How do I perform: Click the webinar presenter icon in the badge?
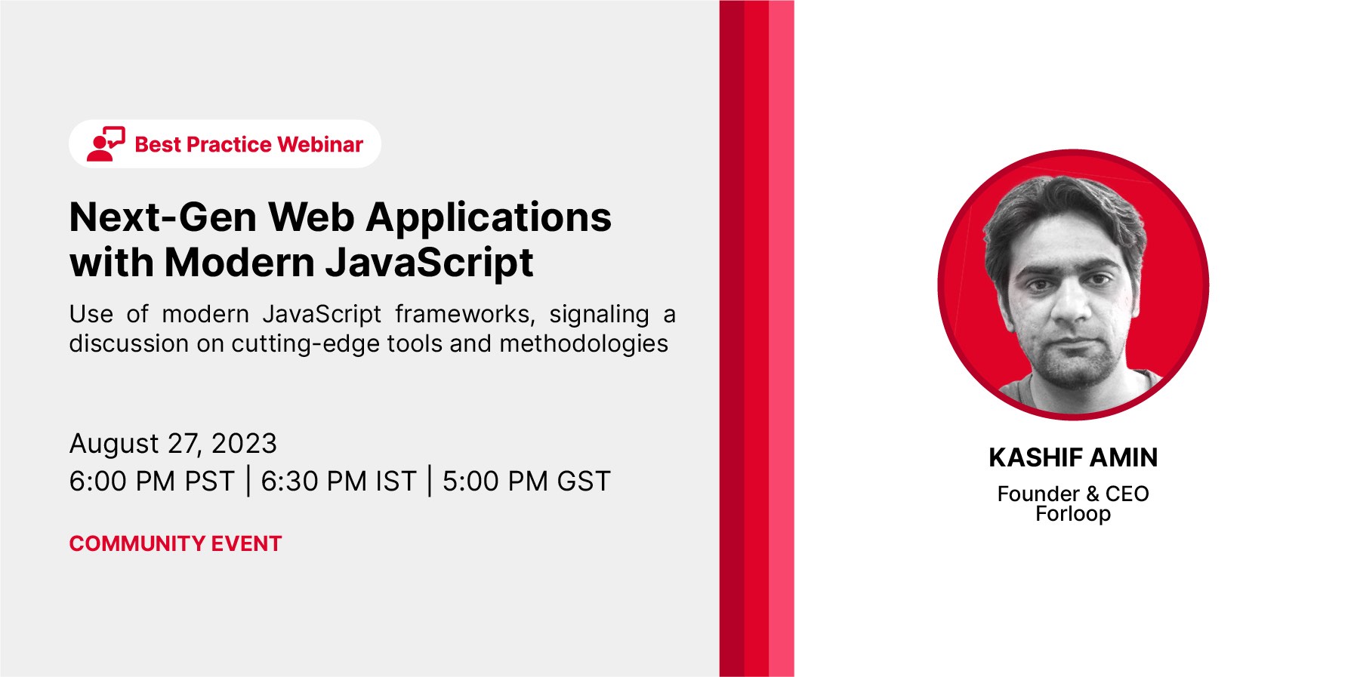coord(106,143)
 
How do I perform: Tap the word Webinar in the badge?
coord(320,144)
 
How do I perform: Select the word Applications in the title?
coord(489,220)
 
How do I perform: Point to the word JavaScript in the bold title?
coord(429,264)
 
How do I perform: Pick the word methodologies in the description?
coord(584,344)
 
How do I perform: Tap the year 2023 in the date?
coord(244,443)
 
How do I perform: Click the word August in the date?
coord(114,444)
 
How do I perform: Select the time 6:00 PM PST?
coord(152,481)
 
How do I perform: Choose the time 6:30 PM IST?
coord(338,481)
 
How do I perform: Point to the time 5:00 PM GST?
coord(526,481)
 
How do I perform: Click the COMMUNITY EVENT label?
coord(175,543)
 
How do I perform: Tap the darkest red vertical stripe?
coord(732,338)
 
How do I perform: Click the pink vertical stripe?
coord(782,338)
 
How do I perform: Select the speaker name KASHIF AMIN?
coord(1073,457)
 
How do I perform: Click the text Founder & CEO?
coord(1073,494)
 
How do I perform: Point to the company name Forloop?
coord(1073,514)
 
